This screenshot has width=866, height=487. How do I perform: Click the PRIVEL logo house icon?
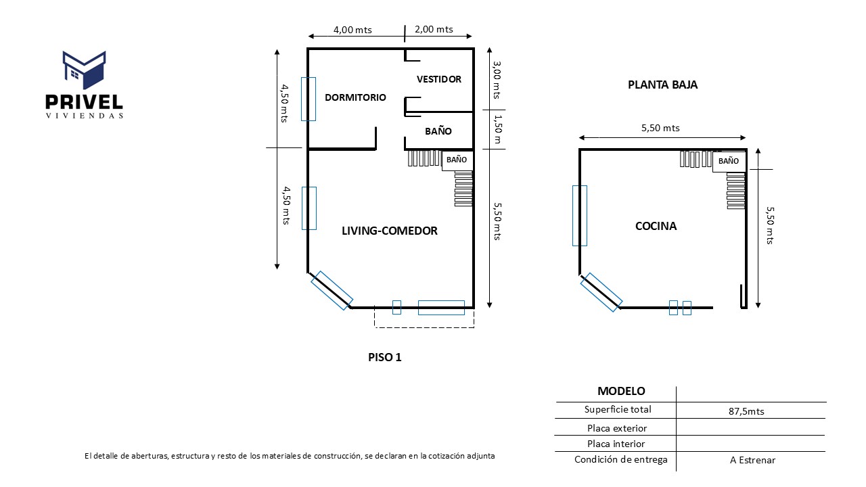pos(85,70)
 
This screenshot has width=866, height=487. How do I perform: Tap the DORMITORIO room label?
pos(355,97)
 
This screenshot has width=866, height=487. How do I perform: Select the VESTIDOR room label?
pos(438,79)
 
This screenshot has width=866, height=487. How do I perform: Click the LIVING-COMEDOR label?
pos(389,231)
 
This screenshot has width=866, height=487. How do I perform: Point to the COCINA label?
pos(656,226)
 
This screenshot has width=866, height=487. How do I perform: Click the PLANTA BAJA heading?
pos(662,85)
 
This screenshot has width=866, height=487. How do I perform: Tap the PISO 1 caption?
pos(384,357)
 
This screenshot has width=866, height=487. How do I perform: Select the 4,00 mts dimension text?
pos(352,30)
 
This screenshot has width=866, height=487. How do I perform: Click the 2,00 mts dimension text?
pos(434,29)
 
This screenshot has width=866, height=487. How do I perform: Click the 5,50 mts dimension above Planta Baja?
pos(660,128)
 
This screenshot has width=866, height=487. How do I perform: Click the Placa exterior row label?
pos(616,428)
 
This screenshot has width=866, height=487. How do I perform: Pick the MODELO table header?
pos(620,391)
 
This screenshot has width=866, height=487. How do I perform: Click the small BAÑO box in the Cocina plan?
pos(729,162)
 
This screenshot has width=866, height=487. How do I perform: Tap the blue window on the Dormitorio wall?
pos(308,99)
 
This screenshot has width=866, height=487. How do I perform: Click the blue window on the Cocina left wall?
pos(579,215)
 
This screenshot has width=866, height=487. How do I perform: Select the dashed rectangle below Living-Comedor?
pos(424,319)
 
